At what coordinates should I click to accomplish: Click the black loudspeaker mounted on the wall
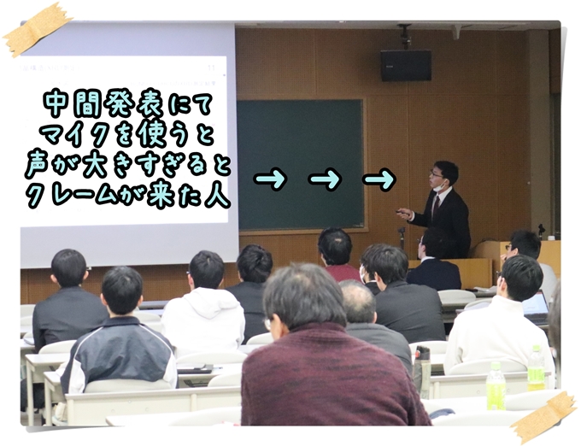[406, 65]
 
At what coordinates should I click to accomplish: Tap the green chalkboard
[300, 164]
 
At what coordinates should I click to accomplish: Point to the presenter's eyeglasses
[435, 173]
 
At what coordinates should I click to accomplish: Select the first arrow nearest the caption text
[270, 179]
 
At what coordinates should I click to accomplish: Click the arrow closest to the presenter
[379, 179]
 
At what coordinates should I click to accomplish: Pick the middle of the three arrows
[325, 179]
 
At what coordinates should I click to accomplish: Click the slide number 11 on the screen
[212, 67]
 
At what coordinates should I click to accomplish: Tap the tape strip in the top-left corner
[37, 29]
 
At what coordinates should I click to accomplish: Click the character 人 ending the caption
[217, 194]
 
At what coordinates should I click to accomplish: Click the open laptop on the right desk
[535, 306]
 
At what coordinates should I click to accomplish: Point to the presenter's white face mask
[438, 186]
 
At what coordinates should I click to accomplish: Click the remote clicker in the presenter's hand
[401, 212]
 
